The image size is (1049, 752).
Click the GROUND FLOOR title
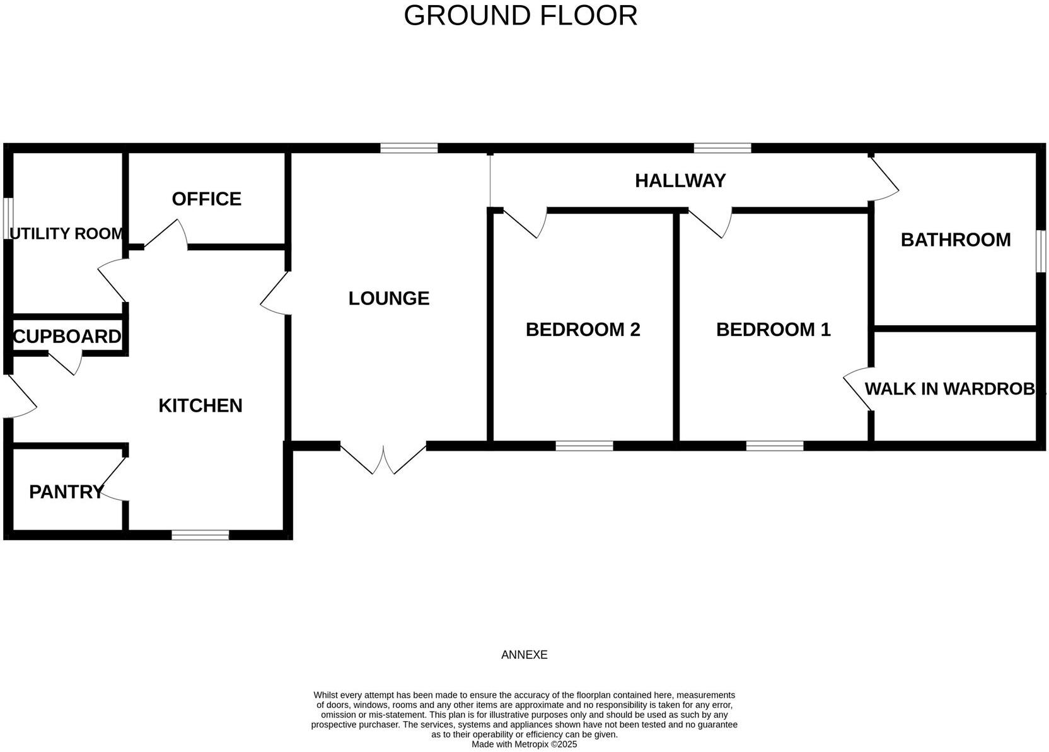click(520, 15)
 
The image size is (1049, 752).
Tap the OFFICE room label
click(206, 199)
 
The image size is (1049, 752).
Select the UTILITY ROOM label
click(67, 234)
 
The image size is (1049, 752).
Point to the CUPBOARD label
click(67, 337)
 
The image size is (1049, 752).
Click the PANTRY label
click(66, 492)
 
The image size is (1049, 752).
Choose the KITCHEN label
click(200, 405)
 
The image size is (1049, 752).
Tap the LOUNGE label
click(388, 298)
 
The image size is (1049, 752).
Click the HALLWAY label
click(680, 181)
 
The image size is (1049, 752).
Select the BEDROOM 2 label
click(582, 330)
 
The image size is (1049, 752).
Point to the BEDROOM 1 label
click(773, 330)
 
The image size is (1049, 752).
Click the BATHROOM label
click(955, 240)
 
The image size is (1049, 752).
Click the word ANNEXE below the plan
click(524, 655)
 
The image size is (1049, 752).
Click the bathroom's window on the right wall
click(1041, 251)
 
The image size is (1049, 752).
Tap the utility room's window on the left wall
click(7, 219)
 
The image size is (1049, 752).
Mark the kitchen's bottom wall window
click(200, 535)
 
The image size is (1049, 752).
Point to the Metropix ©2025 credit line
click(524, 744)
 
